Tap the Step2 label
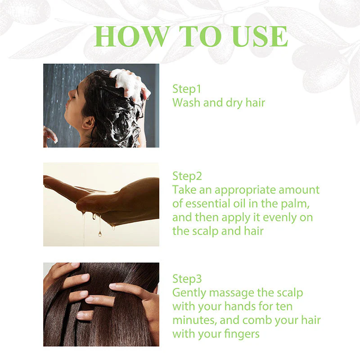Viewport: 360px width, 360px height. coord(187,175)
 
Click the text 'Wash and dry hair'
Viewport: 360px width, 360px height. coord(219,103)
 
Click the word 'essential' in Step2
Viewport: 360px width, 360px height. coord(211,203)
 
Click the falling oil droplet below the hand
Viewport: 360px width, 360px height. coord(99,233)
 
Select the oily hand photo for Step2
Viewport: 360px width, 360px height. coord(101,204)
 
